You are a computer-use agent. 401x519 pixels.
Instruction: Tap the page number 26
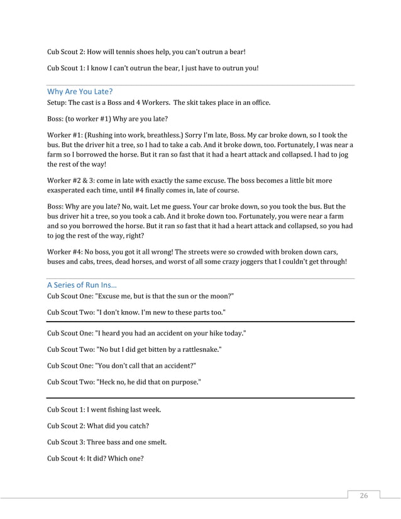(x=363, y=496)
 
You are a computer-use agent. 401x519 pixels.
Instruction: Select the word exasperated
(x=70, y=190)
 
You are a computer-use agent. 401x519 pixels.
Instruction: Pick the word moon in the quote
(x=219, y=296)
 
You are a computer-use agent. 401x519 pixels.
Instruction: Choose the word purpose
(x=184, y=381)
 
